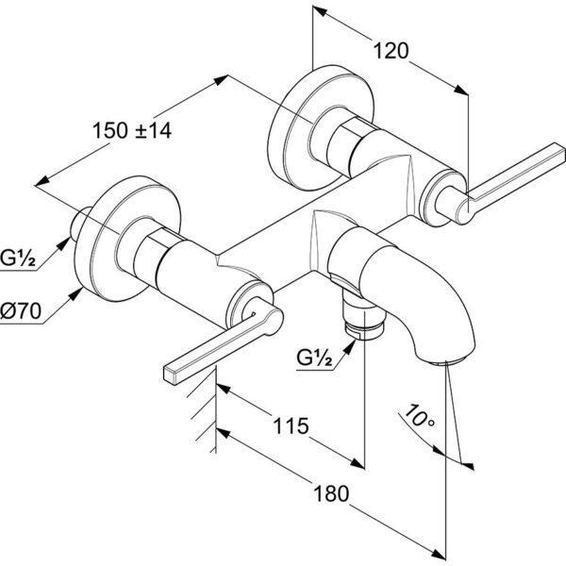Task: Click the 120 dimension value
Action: pyautogui.click(x=391, y=51)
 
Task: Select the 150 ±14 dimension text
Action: pyautogui.click(x=132, y=130)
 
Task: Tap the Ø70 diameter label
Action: pyautogui.click(x=21, y=310)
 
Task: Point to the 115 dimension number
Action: pyautogui.click(x=291, y=425)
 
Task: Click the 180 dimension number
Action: pyautogui.click(x=331, y=493)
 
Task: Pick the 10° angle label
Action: pyautogui.click(x=419, y=417)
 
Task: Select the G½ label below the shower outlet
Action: pyautogui.click(x=314, y=358)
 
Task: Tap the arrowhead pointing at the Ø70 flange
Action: pyautogui.click(x=75, y=295)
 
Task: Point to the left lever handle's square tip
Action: pyautogui.click(x=172, y=375)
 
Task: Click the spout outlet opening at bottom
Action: pyautogui.click(x=447, y=361)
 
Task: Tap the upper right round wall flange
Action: pyautogui.click(x=322, y=126)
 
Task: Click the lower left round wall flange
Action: pyautogui.click(x=126, y=239)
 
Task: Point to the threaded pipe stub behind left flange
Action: pyautogui.click(x=80, y=225)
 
